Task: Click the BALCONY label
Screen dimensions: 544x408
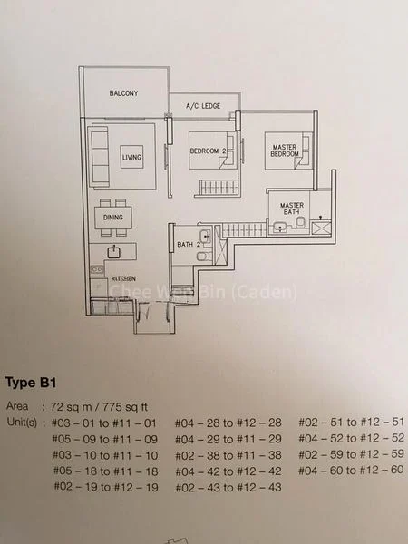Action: pyautogui.click(x=123, y=93)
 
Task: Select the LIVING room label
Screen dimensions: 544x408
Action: pyautogui.click(x=132, y=158)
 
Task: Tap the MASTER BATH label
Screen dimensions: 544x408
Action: pyautogui.click(x=291, y=208)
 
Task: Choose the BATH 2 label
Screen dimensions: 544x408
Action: pyautogui.click(x=188, y=245)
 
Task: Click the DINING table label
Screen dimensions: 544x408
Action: pyautogui.click(x=113, y=218)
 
